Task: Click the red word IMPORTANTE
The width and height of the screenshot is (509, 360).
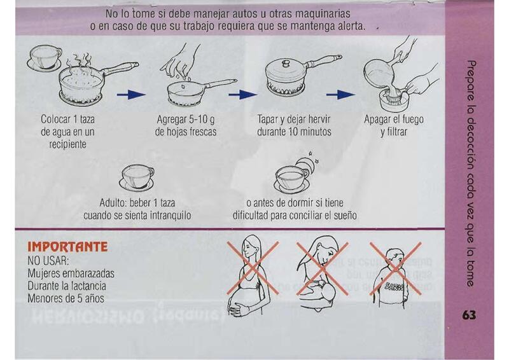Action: (x=67, y=247)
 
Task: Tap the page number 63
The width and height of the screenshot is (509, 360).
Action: (x=470, y=315)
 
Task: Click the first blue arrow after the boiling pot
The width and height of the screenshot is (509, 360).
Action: (x=131, y=95)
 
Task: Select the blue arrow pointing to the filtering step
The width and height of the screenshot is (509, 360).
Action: (x=340, y=95)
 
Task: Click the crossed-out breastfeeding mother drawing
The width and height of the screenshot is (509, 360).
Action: (x=322, y=274)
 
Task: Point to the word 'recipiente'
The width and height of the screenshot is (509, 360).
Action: (x=68, y=144)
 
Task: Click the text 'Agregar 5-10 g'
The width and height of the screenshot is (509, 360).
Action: (x=186, y=120)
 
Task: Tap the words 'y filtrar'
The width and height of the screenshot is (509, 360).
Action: (x=394, y=132)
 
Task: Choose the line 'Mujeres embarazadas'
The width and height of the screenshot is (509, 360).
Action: (x=71, y=273)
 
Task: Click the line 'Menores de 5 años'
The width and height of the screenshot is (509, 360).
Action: (x=66, y=298)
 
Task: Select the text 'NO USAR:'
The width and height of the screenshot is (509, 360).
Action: (x=48, y=261)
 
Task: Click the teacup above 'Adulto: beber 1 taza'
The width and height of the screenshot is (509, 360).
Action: (x=137, y=177)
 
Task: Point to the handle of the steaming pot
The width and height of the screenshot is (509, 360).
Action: (x=121, y=69)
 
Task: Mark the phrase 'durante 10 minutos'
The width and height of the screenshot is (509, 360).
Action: (x=294, y=132)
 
